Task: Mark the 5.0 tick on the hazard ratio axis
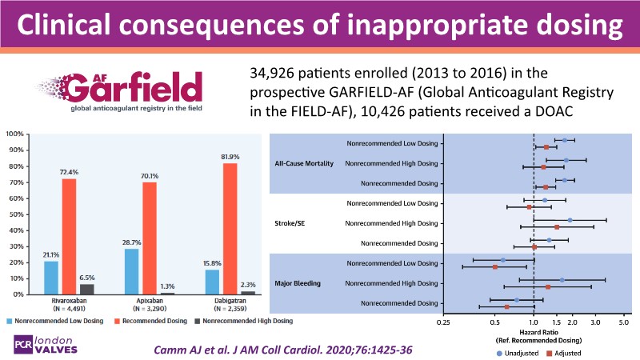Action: pos(625,322)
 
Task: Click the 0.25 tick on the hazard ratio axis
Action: pos(443,322)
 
